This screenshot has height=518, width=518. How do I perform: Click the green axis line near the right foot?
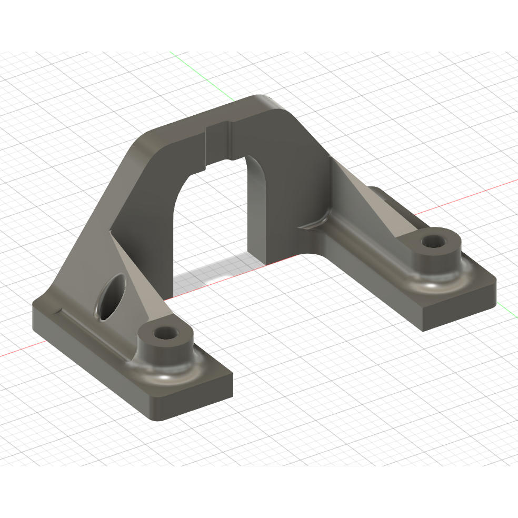(x=505, y=308)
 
